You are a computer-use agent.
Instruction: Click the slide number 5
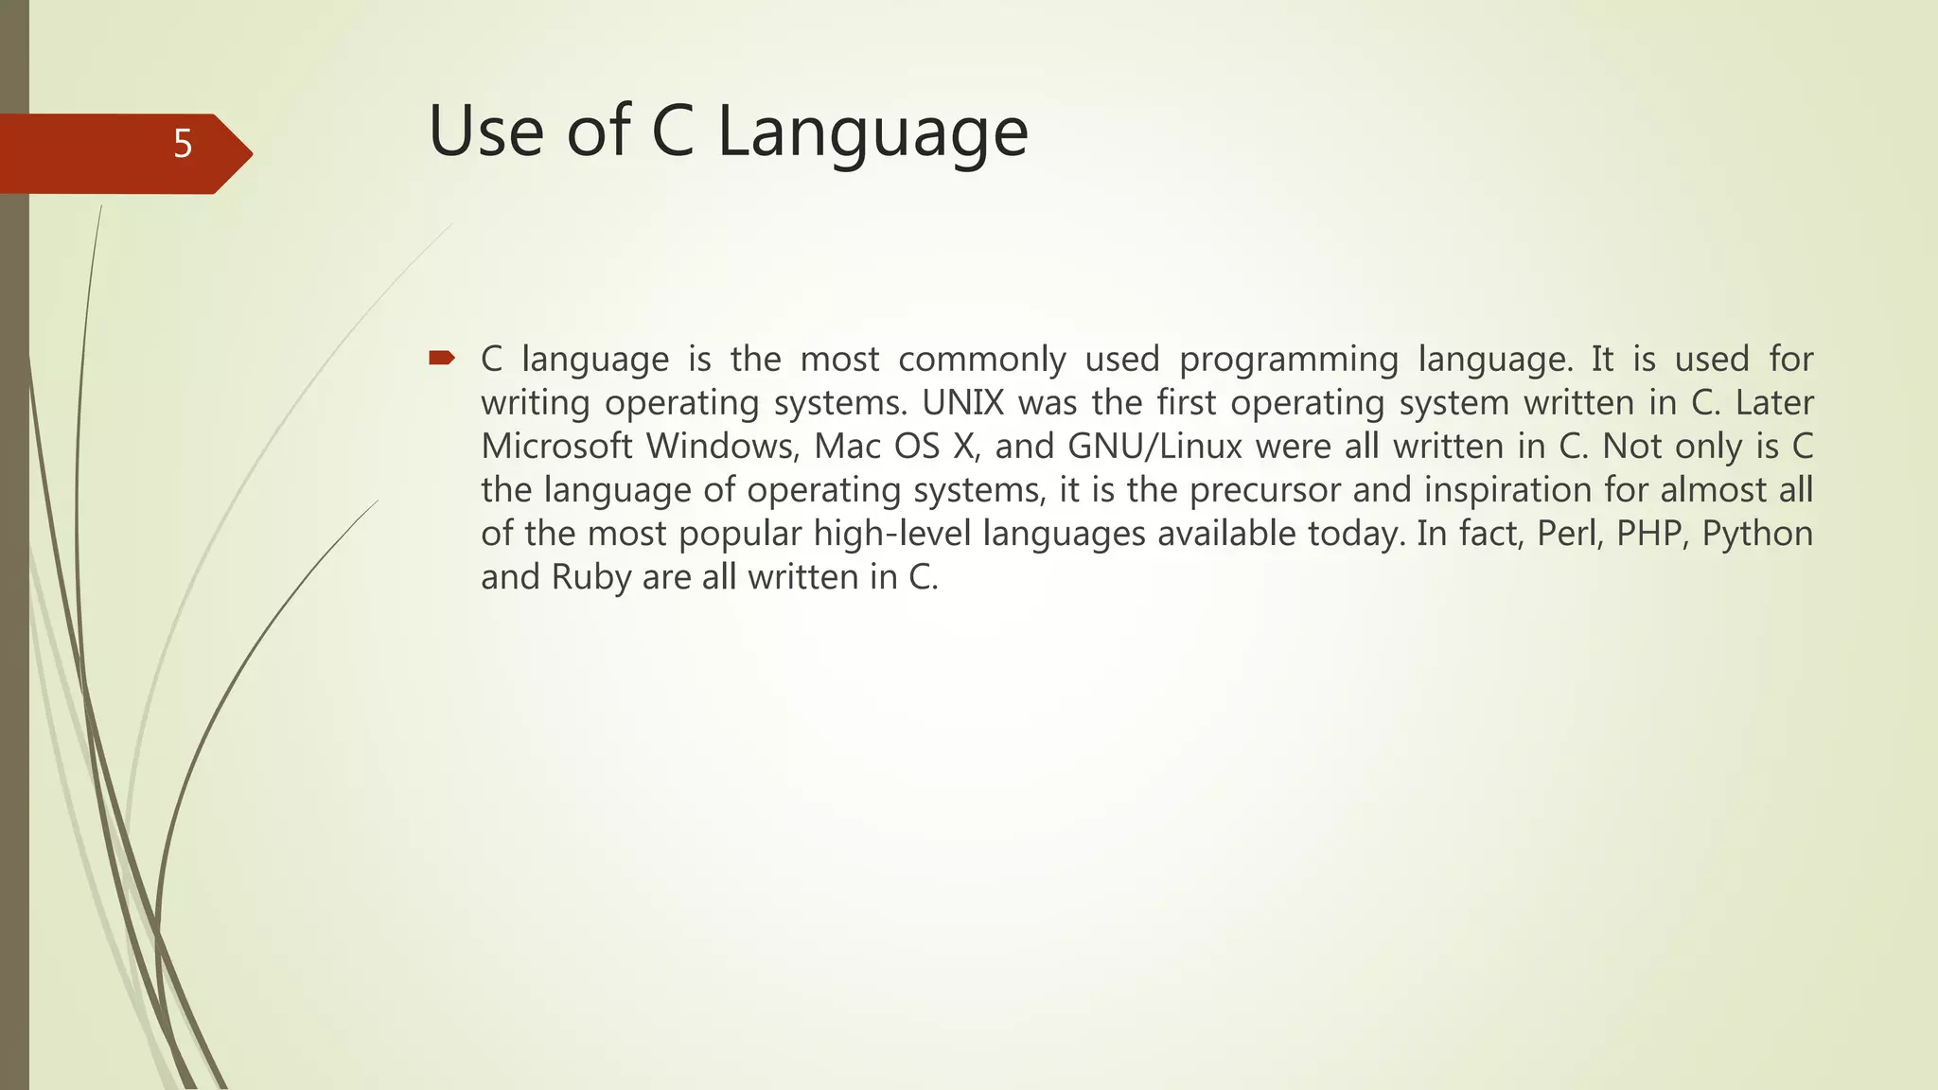coord(183,145)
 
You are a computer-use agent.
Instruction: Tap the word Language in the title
coord(872,132)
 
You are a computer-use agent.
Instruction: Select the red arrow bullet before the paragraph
coord(442,358)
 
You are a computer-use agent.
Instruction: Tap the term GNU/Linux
coord(1154,447)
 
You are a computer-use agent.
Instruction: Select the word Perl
coord(1567,534)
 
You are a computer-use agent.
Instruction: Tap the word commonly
coord(981,360)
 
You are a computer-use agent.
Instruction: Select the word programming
coord(1289,360)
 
